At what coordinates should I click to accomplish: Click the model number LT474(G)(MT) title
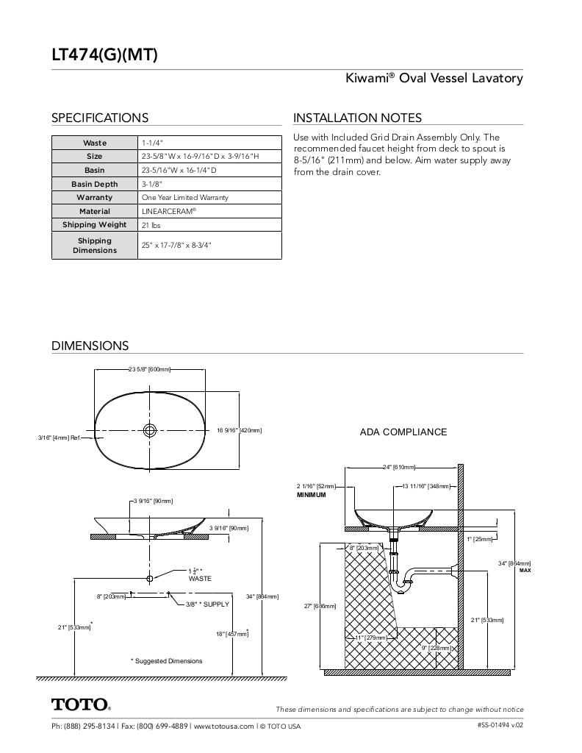click(104, 54)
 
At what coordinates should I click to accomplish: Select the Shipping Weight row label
click(94, 225)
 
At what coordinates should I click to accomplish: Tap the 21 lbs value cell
click(151, 225)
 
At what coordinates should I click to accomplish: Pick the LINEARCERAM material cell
click(169, 211)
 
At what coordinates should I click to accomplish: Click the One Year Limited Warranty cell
click(184, 198)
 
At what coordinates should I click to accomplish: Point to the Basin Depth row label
click(94, 184)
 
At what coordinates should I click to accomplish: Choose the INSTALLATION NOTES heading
click(357, 118)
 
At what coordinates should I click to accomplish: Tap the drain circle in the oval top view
click(150, 430)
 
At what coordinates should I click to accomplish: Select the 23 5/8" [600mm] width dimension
click(149, 369)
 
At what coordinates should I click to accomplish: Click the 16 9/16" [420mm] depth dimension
click(239, 430)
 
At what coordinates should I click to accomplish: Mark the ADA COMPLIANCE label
click(403, 432)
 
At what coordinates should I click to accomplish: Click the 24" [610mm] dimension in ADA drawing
click(399, 467)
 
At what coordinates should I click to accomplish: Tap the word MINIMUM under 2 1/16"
click(311, 495)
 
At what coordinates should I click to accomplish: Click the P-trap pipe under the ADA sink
click(403, 580)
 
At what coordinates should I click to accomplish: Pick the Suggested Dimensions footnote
click(166, 661)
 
